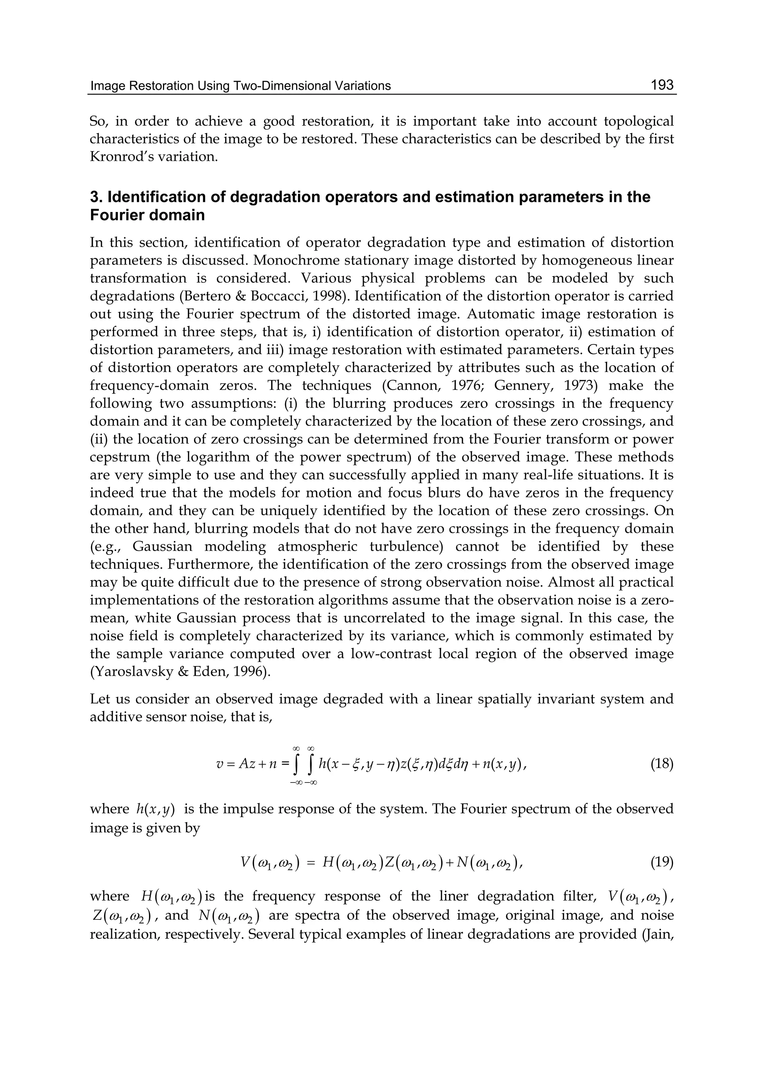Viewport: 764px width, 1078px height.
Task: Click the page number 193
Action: point(662,85)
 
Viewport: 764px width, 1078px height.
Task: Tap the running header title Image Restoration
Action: point(141,86)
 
